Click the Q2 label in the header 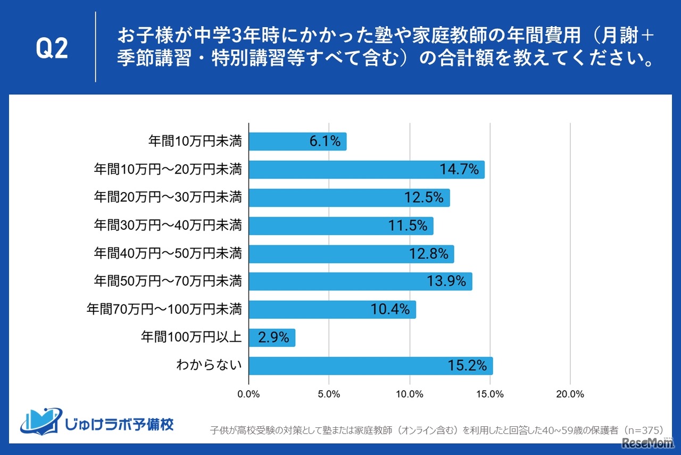(52, 49)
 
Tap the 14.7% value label (459, 170)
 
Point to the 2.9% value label (273, 337)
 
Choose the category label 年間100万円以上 (191, 337)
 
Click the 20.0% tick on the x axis (570, 394)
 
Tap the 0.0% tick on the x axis (248, 394)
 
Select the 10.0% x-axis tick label (410, 394)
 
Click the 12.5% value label (423, 198)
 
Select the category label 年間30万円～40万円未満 (168, 226)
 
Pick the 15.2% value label (467, 366)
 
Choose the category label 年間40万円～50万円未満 (168, 254)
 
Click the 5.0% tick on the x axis (329, 394)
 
